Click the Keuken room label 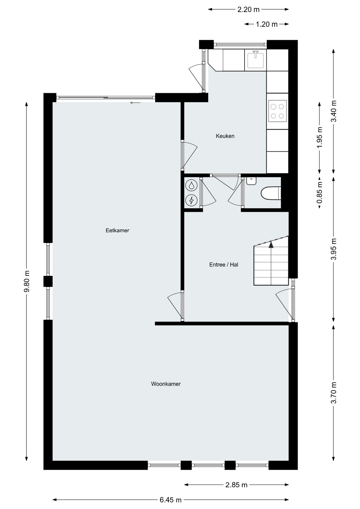[225, 136]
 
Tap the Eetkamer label [117, 230]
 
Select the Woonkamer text [166, 384]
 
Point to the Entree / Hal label [224, 265]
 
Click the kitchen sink [256, 60]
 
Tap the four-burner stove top [277, 111]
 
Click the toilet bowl [271, 193]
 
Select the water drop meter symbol [191, 185]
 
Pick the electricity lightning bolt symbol [191, 200]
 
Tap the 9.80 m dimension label [27, 281]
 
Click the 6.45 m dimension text [170, 500]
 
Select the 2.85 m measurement [236, 485]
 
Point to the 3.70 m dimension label [334, 393]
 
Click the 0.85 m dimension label [320, 192]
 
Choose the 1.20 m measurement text [267, 24]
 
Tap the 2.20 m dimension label [248, 10]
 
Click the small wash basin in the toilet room [251, 181]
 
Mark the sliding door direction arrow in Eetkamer [135, 103]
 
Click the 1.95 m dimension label [320, 138]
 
